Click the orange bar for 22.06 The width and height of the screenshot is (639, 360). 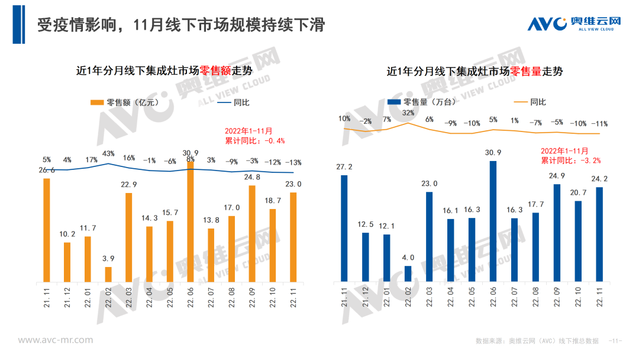[x=191, y=223]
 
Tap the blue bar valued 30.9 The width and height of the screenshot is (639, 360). [x=493, y=220]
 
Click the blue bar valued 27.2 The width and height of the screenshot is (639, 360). [x=344, y=228]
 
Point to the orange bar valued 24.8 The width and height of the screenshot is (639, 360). [x=252, y=233]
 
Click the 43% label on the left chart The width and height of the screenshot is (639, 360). [x=108, y=154]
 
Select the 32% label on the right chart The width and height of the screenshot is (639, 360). [x=408, y=113]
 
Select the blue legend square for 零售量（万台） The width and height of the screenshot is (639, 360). [x=392, y=102]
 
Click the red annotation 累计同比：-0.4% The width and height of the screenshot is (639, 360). [x=255, y=141]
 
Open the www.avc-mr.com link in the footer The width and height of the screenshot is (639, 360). [x=55, y=340]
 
